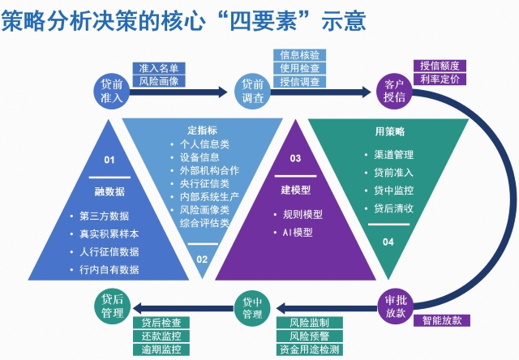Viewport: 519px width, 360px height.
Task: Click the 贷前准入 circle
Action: (x=111, y=91)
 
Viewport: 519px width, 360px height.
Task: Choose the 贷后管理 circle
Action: (x=112, y=305)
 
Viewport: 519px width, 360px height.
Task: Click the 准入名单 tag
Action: (x=160, y=68)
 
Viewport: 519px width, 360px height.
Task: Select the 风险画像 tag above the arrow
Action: (x=160, y=81)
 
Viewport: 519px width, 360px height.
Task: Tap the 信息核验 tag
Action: (x=300, y=55)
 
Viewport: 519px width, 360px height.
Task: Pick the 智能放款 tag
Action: (x=442, y=320)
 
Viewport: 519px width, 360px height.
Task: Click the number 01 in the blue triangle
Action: (x=110, y=161)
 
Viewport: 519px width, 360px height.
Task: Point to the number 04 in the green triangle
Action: (x=388, y=242)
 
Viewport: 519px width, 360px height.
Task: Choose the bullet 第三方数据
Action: (x=105, y=216)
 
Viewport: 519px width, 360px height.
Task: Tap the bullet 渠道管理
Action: (x=394, y=153)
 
